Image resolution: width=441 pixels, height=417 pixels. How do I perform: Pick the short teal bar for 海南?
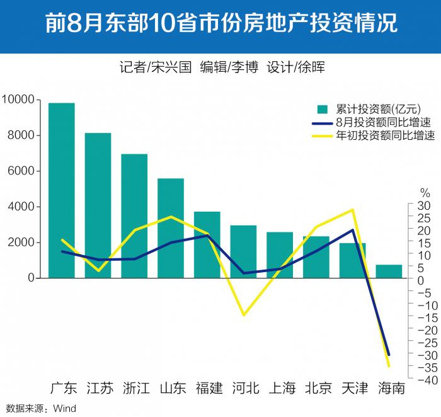tap(389, 271)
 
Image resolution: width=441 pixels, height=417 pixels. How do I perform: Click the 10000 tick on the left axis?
tap(20, 100)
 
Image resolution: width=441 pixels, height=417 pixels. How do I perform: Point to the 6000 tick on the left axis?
tap(23, 171)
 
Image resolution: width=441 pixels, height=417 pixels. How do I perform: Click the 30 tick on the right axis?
tap(423, 206)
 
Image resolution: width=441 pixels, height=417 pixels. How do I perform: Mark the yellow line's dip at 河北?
tap(243, 315)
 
